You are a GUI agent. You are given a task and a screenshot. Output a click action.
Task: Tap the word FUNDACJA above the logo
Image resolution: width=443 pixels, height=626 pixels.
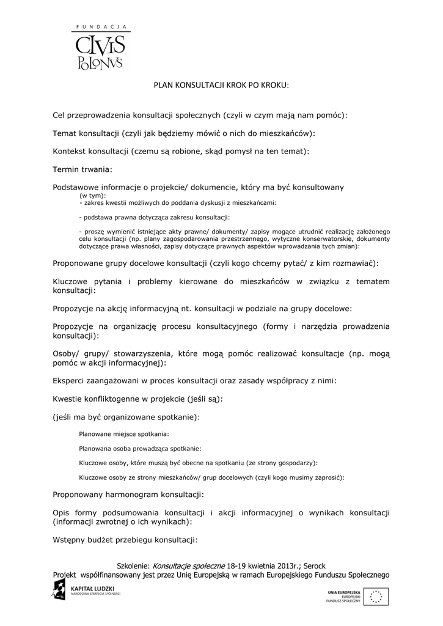(100, 27)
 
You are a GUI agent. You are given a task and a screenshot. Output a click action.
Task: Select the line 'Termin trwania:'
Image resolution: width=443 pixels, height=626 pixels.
(83, 169)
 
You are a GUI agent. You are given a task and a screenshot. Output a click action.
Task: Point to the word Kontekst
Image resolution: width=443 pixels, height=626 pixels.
(70, 150)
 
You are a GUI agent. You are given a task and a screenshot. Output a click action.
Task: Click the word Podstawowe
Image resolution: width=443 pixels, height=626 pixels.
(76, 187)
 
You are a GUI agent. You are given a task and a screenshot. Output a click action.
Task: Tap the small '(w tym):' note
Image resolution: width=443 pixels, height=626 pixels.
(93, 196)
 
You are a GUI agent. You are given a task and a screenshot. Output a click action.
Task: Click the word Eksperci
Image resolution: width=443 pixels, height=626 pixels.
(69, 381)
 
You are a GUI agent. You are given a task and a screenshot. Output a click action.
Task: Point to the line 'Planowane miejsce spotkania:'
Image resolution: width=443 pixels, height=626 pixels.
(124, 434)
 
